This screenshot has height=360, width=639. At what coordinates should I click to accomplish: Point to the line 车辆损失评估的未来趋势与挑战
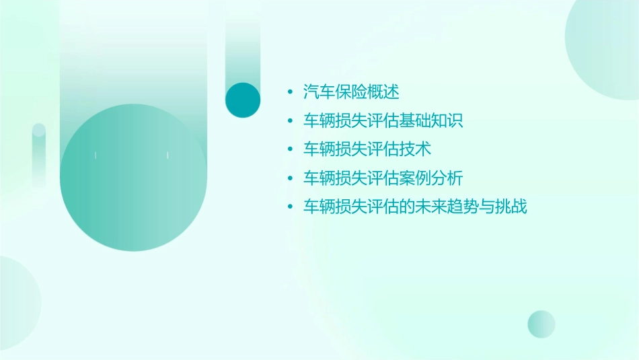coord(415,207)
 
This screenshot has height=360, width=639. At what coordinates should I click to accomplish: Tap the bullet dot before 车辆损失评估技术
coord(290,149)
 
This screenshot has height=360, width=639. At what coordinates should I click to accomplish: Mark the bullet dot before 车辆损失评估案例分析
coord(290,178)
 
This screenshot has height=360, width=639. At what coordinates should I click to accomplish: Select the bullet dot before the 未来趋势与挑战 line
coord(290,207)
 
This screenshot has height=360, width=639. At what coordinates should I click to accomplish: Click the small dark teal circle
coord(243,100)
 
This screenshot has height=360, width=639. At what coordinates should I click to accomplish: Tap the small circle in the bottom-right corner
coord(541,324)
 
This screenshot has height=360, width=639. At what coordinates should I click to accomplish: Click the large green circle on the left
coord(133,178)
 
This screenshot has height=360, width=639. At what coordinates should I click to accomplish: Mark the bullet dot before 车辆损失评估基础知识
coord(290,121)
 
